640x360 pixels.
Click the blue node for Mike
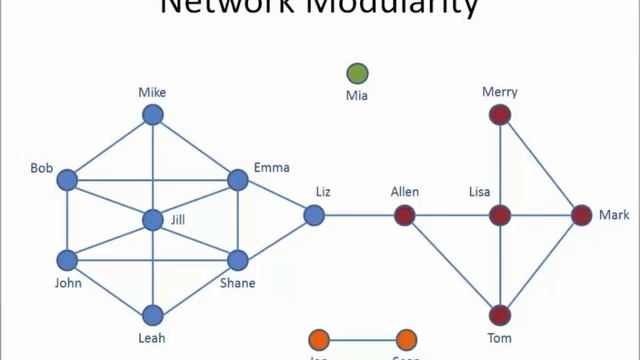click(x=152, y=115)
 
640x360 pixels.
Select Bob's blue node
click(x=67, y=180)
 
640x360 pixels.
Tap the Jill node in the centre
click(x=152, y=219)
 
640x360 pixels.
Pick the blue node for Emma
click(x=237, y=180)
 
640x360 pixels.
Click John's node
click(x=67, y=260)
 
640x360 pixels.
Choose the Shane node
click(x=237, y=260)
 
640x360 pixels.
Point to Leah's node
click(x=152, y=316)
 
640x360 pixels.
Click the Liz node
click(x=314, y=214)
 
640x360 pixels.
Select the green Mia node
click(x=357, y=73)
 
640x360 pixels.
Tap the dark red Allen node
click(x=404, y=214)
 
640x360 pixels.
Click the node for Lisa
click(x=500, y=214)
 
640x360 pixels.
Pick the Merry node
click(x=500, y=115)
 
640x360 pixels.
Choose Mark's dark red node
click(x=582, y=214)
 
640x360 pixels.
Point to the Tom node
click(x=500, y=316)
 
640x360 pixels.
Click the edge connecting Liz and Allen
click(x=359, y=214)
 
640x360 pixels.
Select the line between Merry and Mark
click(x=541, y=165)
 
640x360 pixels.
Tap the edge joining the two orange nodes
click(x=362, y=339)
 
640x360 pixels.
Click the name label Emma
click(x=270, y=167)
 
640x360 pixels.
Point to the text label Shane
click(x=237, y=283)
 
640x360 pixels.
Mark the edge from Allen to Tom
click(x=452, y=265)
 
